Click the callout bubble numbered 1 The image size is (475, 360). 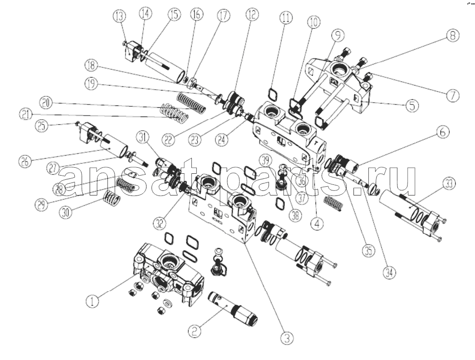pos(93,302)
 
